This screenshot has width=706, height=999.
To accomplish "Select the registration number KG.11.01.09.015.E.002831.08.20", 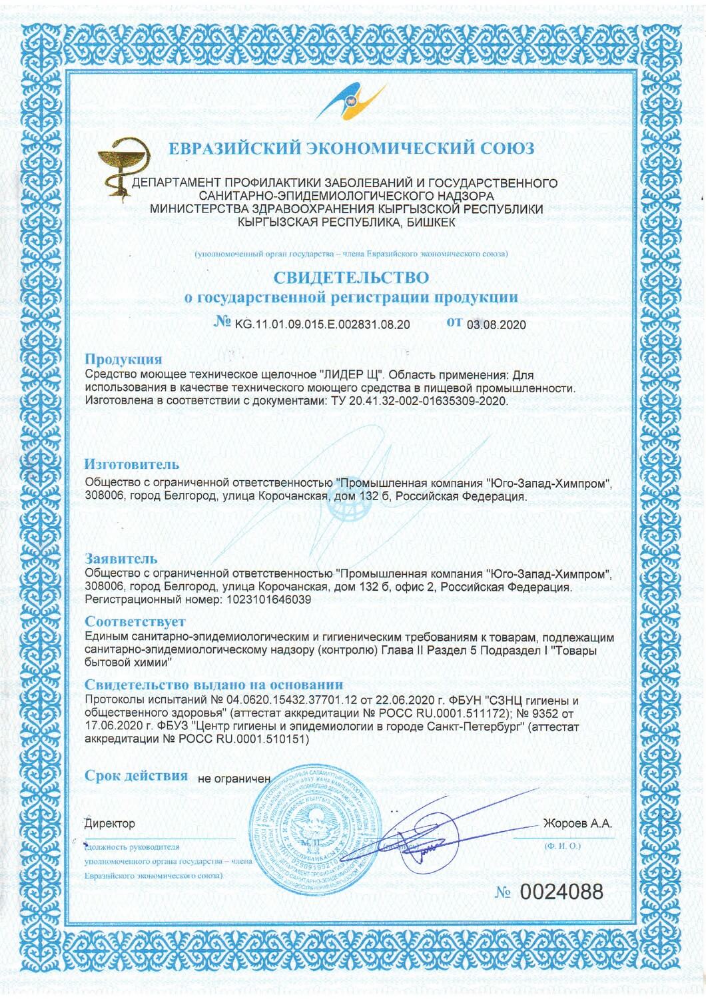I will (x=322, y=324).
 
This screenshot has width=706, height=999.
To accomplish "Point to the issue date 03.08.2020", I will (x=496, y=325).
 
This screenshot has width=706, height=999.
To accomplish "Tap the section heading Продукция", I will (x=123, y=360).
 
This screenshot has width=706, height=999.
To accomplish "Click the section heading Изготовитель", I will (x=132, y=464).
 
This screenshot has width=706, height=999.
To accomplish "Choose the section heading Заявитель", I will (x=121, y=557).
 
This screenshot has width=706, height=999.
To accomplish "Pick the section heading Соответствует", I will (x=126, y=623).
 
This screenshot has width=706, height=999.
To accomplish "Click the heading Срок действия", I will (x=137, y=775).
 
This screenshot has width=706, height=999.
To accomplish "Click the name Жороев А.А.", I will (x=577, y=824).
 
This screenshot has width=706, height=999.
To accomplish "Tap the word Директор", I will (x=110, y=824).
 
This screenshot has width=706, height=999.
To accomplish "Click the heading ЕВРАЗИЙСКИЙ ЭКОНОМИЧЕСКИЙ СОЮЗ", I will (x=352, y=148).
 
